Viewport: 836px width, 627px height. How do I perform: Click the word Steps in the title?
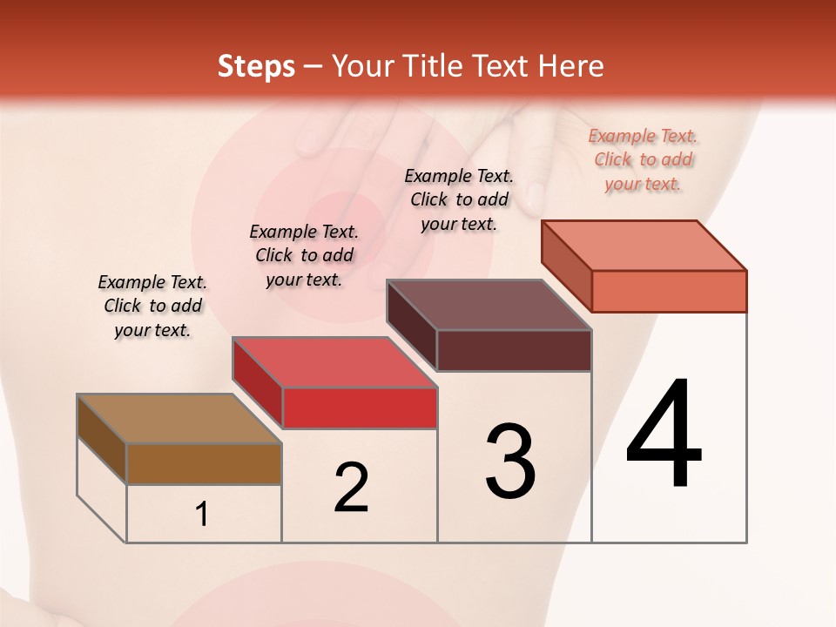tap(256, 66)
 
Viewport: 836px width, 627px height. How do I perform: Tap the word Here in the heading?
tap(572, 66)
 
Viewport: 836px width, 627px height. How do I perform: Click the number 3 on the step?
tap(510, 462)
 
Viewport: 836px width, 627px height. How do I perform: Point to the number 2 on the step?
tap(351, 488)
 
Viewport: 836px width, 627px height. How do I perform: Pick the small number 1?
tap(202, 515)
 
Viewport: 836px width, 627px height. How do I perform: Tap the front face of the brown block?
tap(204, 463)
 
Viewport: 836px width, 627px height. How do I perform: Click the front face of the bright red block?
tap(359, 408)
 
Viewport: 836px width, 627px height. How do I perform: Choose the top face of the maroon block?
tap(489, 305)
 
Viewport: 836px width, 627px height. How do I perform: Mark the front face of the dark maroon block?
tap(514, 350)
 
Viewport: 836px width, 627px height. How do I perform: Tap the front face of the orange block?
tap(669, 291)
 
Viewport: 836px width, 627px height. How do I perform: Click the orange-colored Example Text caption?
tap(643, 159)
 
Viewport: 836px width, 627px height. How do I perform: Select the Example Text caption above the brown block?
tap(152, 306)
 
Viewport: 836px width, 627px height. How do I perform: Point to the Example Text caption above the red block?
tap(304, 255)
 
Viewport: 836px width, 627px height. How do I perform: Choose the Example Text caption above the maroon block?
tap(459, 199)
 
